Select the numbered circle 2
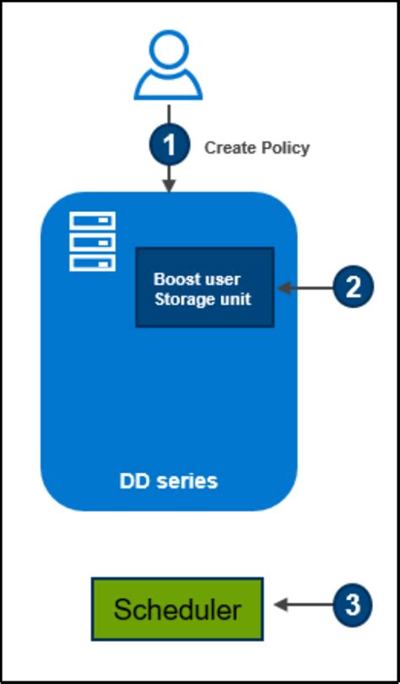coord(351,288)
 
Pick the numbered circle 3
coord(351,605)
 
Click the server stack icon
coord(92,241)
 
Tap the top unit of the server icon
coord(92,221)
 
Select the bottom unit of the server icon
coord(92,262)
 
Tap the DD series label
coord(168,482)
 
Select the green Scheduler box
coord(177,607)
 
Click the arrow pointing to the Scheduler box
coord(300,605)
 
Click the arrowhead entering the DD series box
coord(170,186)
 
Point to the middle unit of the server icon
coord(92,242)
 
